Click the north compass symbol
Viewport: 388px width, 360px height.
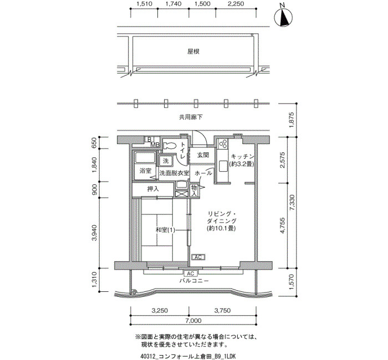pyautogui.click(x=283, y=17)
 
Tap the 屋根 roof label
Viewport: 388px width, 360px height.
pyautogui.click(x=193, y=52)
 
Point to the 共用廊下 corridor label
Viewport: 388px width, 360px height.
pyautogui.click(x=191, y=117)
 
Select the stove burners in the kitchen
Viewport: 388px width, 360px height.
pyautogui.click(x=222, y=144)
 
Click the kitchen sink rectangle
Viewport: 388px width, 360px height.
pyautogui.click(x=222, y=166)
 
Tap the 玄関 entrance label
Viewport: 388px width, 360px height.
pyautogui.click(x=203, y=155)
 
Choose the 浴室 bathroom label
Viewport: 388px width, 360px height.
pyautogui.click(x=145, y=171)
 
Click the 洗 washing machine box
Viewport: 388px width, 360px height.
pyautogui.click(x=166, y=161)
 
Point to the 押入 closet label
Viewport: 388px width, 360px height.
pyautogui.click(x=153, y=189)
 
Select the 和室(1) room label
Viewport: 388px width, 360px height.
pyautogui.click(x=165, y=230)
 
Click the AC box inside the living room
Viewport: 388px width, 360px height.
pyautogui.click(x=198, y=257)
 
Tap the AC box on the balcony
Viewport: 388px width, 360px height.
pyautogui.click(x=191, y=274)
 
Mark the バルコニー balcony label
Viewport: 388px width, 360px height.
pyautogui.click(x=194, y=281)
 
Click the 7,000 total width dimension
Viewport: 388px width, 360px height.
pyautogui.click(x=193, y=321)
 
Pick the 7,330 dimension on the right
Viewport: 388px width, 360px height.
pyautogui.click(x=292, y=203)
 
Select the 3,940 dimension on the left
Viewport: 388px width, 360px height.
pyautogui.click(x=94, y=233)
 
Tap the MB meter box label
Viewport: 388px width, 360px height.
pyautogui.click(x=155, y=145)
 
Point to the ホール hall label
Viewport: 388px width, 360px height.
pyautogui.click(x=203, y=173)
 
